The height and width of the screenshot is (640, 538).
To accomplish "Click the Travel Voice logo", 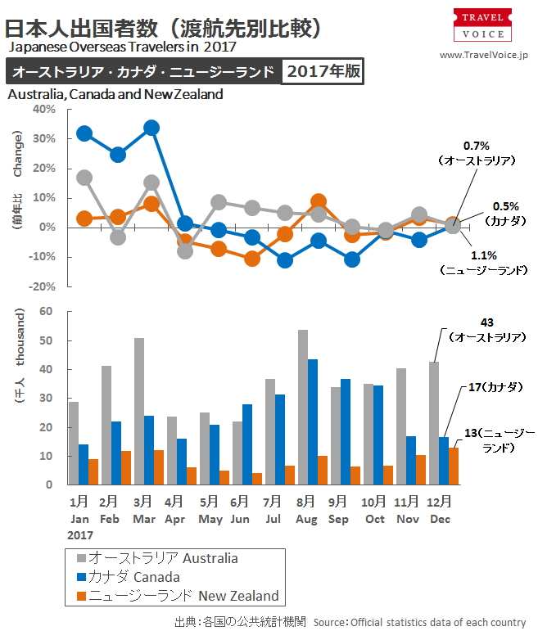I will click(x=483, y=25).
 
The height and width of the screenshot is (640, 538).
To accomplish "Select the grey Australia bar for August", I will click(x=303, y=407).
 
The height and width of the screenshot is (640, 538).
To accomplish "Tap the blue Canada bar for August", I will click(x=313, y=421).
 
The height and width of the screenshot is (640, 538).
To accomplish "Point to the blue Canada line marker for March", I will click(x=151, y=128).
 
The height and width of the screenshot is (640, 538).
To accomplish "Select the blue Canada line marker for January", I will click(x=84, y=133).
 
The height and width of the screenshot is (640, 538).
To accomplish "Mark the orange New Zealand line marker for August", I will click(x=319, y=201).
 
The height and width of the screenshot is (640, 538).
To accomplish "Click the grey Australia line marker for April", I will click(x=185, y=251).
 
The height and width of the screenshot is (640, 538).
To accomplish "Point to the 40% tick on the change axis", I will click(x=43, y=109).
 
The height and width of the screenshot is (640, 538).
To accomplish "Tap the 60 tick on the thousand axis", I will click(x=46, y=312).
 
